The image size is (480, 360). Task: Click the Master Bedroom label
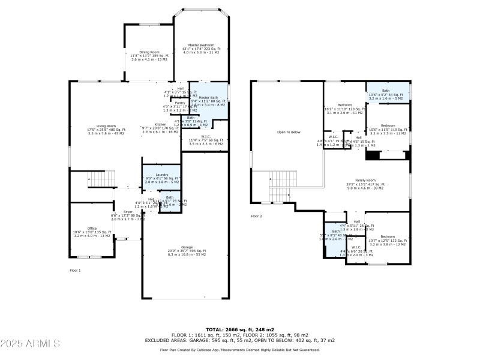(x=201, y=45)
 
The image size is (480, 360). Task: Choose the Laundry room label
(x=161, y=175)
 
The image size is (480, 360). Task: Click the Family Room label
(x=365, y=180)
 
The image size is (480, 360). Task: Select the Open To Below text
(x=288, y=132)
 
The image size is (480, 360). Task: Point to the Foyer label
(x=128, y=212)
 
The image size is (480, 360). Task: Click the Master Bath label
(x=208, y=97)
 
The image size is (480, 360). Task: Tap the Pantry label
(x=180, y=103)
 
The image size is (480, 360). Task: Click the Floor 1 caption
(x=75, y=271)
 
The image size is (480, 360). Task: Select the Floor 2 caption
(x=257, y=215)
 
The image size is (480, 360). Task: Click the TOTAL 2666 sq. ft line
(x=240, y=329)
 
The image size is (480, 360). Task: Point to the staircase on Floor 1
(x=101, y=179)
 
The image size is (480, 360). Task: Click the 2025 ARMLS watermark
(x=30, y=344)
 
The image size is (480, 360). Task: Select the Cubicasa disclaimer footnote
(x=240, y=349)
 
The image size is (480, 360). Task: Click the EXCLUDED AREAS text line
(x=240, y=340)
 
